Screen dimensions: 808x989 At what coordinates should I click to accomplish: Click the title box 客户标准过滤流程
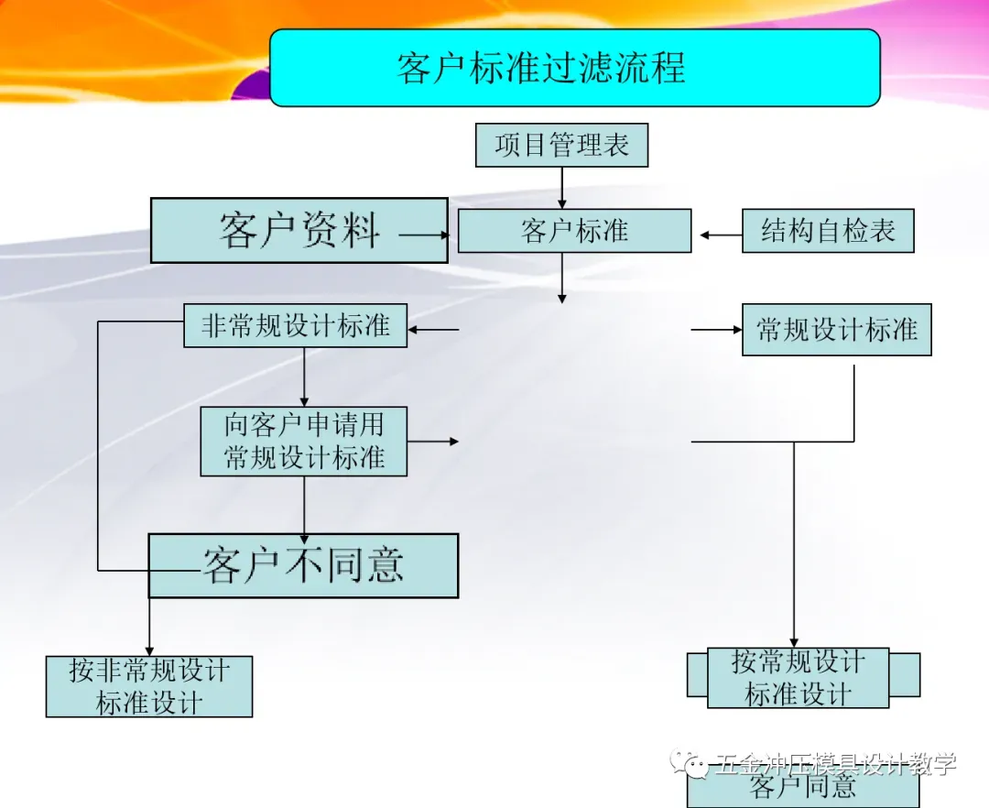(x=574, y=68)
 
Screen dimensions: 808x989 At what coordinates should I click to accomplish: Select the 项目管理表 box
(x=561, y=146)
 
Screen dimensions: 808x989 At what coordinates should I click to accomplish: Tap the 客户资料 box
(x=299, y=231)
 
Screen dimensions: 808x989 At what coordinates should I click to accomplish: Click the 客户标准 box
(x=574, y=231)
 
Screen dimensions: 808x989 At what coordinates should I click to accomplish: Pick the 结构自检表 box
(x=828, y=231)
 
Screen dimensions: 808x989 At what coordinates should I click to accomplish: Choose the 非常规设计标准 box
(x=295, y=326)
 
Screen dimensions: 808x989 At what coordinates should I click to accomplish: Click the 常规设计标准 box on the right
(x=836, y=330)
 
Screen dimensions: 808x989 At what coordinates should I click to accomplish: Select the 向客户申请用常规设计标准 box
(x=303, y=442)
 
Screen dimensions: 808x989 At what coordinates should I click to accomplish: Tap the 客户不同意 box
(x=303, y=565)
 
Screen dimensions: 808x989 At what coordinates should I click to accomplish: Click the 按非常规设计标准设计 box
(x=149, y=686)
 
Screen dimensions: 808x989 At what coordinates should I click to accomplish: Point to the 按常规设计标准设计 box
(x=798, y=678)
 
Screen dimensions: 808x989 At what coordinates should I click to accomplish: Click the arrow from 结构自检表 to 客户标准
(x=721, y=235)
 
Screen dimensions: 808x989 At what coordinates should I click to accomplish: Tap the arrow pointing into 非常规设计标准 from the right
(x=432, y=330)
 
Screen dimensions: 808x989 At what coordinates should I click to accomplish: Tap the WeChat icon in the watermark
(x=689, y=762)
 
